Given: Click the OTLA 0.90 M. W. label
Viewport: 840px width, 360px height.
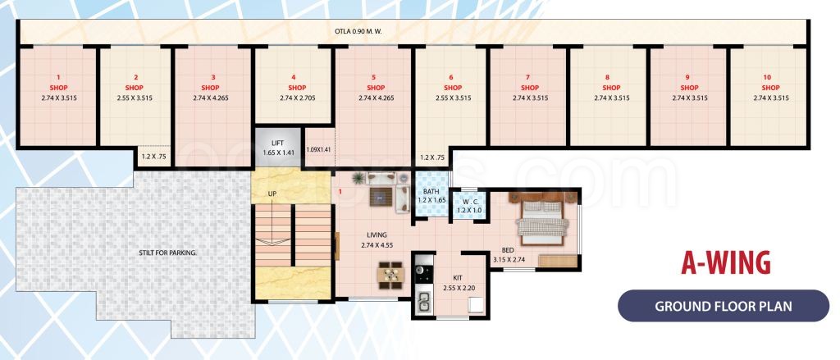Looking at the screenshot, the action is click(x=358, y=32).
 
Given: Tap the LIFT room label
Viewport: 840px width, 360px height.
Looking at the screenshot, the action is click(x=277, y=143).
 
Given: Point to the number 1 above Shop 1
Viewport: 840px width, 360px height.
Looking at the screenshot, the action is click(x=58, y=77).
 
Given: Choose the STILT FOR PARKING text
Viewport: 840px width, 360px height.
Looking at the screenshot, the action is click(x=168, y=252).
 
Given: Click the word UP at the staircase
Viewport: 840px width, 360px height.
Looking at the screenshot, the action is click(x=272, y=194).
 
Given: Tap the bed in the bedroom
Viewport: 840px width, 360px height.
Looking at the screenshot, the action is click(x=541, y=221).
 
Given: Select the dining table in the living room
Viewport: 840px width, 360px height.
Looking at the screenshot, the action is click(x=390, y=274).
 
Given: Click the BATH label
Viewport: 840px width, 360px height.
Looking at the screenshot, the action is click(x=431, y=191).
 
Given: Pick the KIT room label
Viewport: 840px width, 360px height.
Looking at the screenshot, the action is click(x=458, y=278).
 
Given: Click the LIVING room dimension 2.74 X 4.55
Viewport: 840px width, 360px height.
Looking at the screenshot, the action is click(x=377, y=245).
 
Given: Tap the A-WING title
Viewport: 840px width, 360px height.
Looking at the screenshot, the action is click(x=725, y=263).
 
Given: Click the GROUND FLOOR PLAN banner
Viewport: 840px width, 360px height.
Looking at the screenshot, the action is click(x=724, y=307).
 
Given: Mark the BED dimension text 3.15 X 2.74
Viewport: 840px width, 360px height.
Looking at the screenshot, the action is click(x=509, y=260).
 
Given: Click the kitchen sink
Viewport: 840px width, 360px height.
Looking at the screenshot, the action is click(x=423, y=302).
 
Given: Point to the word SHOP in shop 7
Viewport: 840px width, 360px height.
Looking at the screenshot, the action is click(x=530, y=87).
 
